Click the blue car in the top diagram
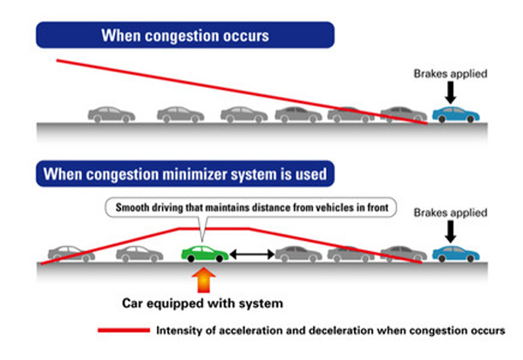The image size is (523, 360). pos(456,114)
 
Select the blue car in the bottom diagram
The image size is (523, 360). pos(456,254)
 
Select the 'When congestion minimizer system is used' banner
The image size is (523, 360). pos(185,174)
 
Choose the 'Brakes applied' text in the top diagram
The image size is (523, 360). pos(450,73)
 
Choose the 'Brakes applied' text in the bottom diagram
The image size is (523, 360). pos(450,212)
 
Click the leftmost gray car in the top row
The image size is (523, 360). pos(111,114)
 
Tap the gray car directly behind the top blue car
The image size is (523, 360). pos(404,114)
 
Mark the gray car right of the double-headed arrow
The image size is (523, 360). pos(298,254)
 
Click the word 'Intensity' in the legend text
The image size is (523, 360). pos(179,331)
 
